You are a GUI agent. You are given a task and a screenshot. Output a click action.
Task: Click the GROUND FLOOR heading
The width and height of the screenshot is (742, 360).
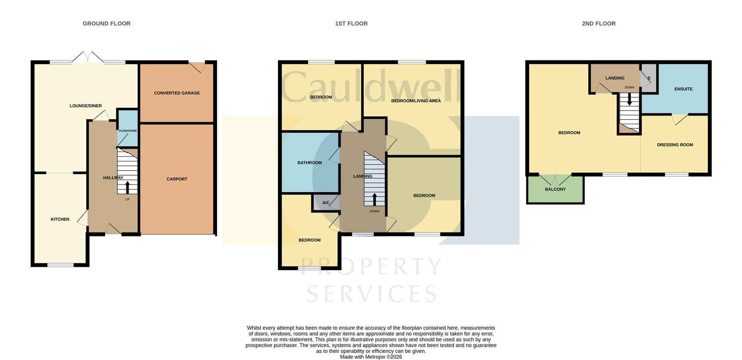(x=107, y=24)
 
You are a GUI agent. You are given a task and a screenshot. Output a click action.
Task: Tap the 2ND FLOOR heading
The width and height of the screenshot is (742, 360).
(x=599, y=24)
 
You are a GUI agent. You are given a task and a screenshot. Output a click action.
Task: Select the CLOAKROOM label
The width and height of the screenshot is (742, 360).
(x=128, y=131)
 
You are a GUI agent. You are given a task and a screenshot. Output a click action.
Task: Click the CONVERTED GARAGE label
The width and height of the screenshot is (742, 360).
(x=177, y=93)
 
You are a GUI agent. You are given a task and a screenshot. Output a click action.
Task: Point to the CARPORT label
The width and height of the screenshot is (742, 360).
(x=177, y=179)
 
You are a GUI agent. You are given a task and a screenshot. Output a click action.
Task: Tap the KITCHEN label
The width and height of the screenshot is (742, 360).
(x=60, y=219)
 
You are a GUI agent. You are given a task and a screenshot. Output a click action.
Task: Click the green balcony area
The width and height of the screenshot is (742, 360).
(x=555, y=189)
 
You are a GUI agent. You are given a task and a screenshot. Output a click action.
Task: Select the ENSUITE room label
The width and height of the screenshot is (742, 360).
(x=683, y=89)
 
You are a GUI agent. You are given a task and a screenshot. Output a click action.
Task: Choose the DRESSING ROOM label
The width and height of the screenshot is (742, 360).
(x=675, y=145)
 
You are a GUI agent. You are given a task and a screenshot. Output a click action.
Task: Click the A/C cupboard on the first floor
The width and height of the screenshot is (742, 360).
(x=326, y=203)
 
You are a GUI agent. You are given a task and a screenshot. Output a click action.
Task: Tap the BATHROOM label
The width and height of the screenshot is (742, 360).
(x=310, y=163)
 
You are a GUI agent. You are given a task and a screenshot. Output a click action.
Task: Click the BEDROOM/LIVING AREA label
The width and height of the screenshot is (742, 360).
(x=416, y=101)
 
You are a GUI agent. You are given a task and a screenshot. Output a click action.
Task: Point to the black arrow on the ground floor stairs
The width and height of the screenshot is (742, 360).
(x=128, y=187)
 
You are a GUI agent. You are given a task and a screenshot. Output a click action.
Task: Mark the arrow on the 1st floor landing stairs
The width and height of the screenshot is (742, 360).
(x=374, y=199)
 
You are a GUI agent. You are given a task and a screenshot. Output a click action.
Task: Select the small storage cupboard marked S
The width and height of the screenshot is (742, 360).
(x=649, y=78)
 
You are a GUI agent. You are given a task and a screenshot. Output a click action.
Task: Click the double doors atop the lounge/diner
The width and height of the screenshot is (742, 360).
(x=88, y=57)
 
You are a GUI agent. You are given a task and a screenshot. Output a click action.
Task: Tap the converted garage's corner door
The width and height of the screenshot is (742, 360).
(x=197, y=67)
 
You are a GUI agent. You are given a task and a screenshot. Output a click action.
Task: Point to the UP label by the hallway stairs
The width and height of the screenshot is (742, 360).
(x=128, y=200)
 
